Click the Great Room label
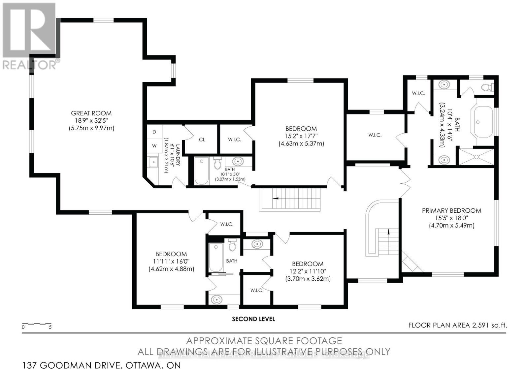91,113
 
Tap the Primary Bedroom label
451,210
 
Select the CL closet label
202,140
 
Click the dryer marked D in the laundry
154,132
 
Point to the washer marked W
154,145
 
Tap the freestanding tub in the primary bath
483,122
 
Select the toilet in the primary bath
486,87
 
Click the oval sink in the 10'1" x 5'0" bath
238,162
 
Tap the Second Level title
253,319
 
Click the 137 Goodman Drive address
102,365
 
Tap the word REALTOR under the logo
30,65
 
